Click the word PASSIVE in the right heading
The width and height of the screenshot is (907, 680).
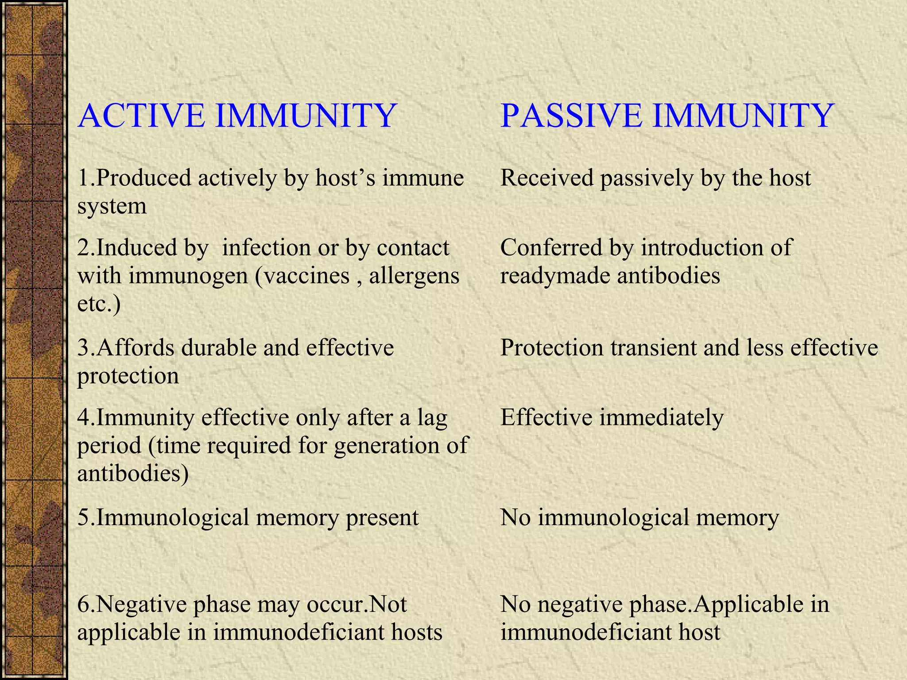tap(571, 116)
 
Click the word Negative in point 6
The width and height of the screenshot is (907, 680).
tap(141, 604)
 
